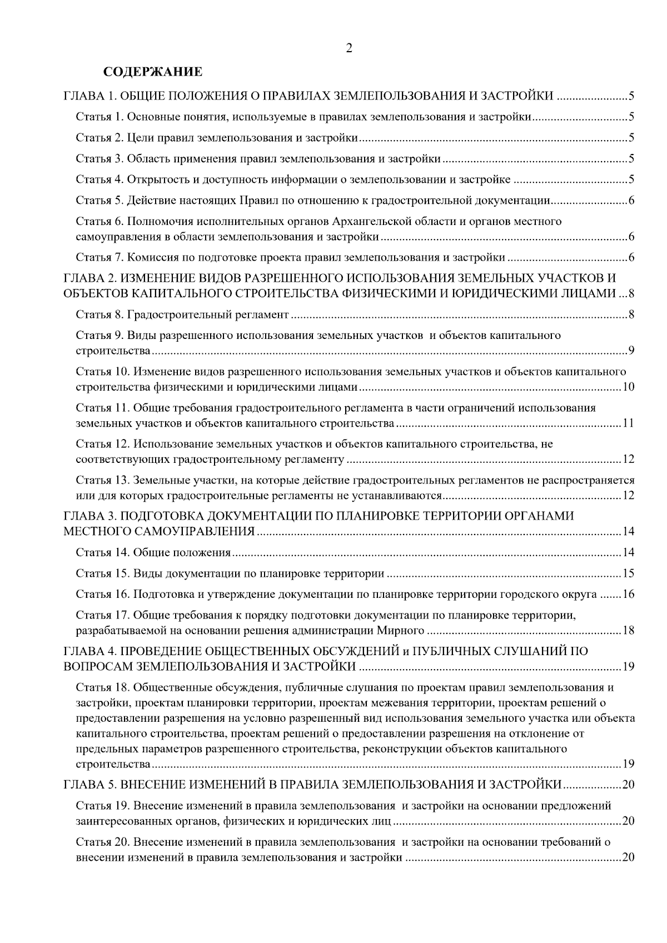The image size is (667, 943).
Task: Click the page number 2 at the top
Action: click(x=349, y=48)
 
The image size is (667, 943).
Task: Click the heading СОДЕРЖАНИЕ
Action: click(x=153, y=72)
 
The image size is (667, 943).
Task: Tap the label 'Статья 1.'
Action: click(x=99, y=117)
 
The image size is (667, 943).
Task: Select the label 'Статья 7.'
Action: click(x=99, y=257)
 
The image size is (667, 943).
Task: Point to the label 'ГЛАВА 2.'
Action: click(x=89, y=278)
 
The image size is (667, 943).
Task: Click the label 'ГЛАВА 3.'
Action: click(x=89, y=516)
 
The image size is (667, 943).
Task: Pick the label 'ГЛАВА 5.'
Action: click(x=89, y=785)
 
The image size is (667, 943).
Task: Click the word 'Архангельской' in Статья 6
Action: click(x=372, y=222)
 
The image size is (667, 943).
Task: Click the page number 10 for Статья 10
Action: click(x=628, y=387)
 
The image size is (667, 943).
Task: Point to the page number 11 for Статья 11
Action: click(x=628, y=424)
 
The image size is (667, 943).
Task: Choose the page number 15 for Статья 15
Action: click(x=628, y=573)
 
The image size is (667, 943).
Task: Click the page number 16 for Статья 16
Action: click(x=628, y=595)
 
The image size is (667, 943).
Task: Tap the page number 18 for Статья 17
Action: click(x=628, y=631)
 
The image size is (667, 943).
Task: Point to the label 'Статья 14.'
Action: click(x=102, y=552)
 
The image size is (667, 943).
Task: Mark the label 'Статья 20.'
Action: click(x=102, y=842)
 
